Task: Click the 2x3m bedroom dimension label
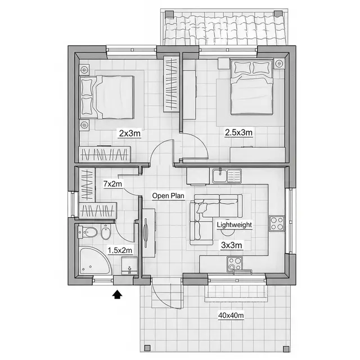(x=130, y=133)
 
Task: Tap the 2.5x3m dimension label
(x=238, y=133)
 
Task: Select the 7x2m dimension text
(x=112, y=184)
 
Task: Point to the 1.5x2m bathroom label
(x=120, y=250)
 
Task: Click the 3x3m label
(x=231, y=245)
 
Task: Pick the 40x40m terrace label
(x=231, y=316)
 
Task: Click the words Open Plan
(x=168, y=196)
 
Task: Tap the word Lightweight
(x=235, y=225)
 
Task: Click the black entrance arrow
(x=118, y=294)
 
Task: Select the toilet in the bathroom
(x=88, y=232)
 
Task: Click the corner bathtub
(x=94, y=261)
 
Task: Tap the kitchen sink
(x=227, y=176)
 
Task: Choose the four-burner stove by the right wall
(x=277, y=223)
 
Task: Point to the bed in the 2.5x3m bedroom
(x=252, y=87)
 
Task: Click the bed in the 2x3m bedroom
(x=107, y=97)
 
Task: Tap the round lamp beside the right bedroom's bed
(x=279, y=64)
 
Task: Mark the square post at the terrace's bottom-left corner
(x=147, y=348)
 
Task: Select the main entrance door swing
(x=167, y=293)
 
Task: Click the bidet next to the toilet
(x=106, y=232)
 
